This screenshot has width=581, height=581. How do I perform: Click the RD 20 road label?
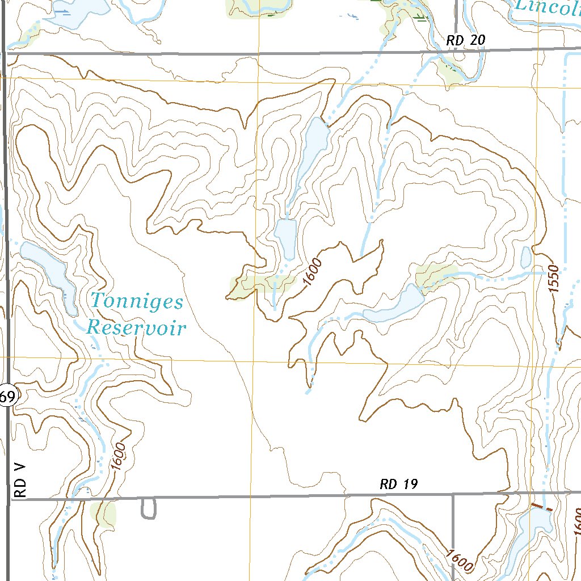coord(466,40)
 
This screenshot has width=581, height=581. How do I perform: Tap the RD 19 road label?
coord(399,485)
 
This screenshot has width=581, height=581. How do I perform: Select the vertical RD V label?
coord(20,479)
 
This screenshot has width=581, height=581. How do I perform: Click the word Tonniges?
coord(137,301)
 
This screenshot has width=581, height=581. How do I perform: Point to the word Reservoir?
coord(136,327)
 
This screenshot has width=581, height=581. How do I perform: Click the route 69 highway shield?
coord(7,397)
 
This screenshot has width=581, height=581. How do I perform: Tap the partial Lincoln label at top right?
coord(548,8)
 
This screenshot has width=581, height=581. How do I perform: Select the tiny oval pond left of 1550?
coord(526,258)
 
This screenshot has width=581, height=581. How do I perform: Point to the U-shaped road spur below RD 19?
coord(149,509)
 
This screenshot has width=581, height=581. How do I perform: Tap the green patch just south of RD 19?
coord(103,513)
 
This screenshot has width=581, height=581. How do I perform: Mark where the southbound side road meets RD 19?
coord(453,495)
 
